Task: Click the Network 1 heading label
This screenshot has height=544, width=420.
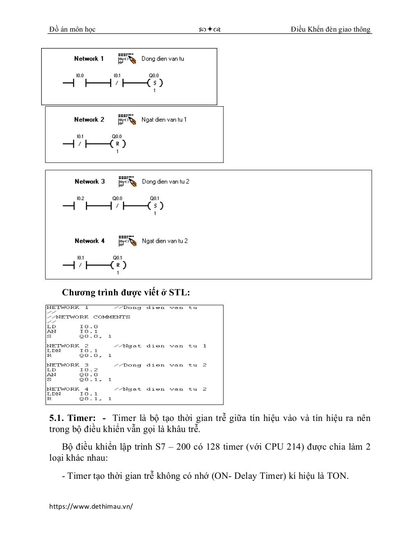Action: pyautogui.click(x=89, y=59)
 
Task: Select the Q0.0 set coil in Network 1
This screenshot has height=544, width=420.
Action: pyautogui.click(x=155, y=83)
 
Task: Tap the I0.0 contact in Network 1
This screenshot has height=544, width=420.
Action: pyautogui.click(x=80, y=83)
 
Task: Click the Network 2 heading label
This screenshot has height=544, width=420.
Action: pyautogui.click(x=89, y=120)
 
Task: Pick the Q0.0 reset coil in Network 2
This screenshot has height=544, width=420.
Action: pyautogui.click(x=117, y=144)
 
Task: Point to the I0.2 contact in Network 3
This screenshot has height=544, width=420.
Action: pyautogui.click(x=80, y=206)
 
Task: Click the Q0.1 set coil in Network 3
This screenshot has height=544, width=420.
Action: pyautogui.click(x=155, y=206)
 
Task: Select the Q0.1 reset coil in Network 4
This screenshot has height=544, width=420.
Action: pyautogui.click(x=118, y=265)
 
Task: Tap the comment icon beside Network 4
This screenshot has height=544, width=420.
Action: pyautogui.click(x=127, y=241)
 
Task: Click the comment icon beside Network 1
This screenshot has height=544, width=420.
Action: pyautogui.click(x=127, y=59)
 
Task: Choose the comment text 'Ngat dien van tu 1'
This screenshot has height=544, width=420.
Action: pyautogui.click(x=164, y=120)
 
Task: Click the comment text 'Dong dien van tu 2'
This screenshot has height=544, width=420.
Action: pyautogui.click(x=166, y=181)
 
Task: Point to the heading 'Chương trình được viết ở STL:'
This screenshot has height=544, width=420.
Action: pyautogui.click(x=126, y=293)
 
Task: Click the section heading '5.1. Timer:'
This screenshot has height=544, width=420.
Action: pyautogui.click(x=72, y=418)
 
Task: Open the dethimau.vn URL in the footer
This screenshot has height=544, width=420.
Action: pyautogui.click(x=91, y=506)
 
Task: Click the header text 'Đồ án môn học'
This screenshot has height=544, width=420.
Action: pyautogui.click(x=72, y=29)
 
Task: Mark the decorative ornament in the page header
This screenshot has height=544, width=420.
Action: pyautogui.click(x=210, y=30)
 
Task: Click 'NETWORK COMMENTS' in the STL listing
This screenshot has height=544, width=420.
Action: pyautogui.click(x=93, y=317)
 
